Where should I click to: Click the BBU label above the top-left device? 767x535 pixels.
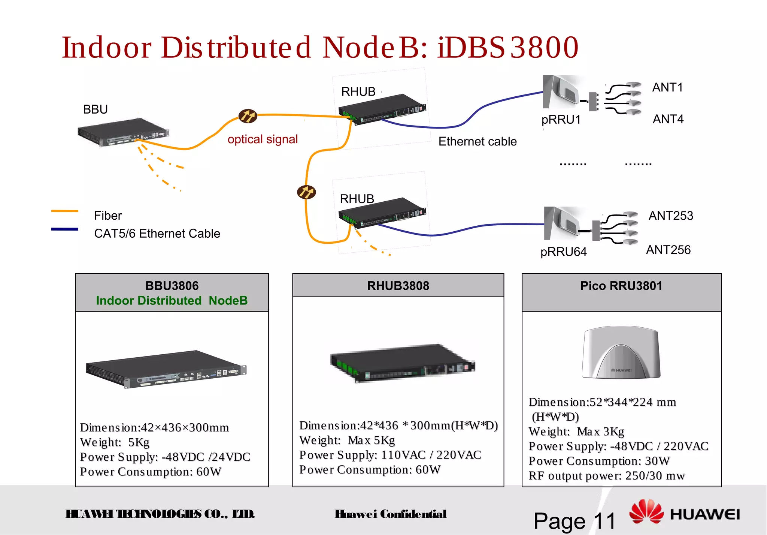pyautogui.click(x=95, y=109)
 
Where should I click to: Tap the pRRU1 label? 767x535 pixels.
pyautogui.click(x=561, y=120)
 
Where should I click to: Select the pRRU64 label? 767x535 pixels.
pyautogui.click(x=563, y=252)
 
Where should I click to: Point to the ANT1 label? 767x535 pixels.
pyautogui.click(x=667, y=87)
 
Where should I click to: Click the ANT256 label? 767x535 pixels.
pyautogui.click(x=668, y=250)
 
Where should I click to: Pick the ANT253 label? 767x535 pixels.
pyautogui.click(x=671, y=216)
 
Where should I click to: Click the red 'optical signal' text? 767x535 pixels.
pyautogui.click(x=263, y=139)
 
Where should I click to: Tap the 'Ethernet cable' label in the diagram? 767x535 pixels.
pyautogui.click(x=478, y=141)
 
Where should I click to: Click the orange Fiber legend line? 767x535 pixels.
pyautogui.click(x=64, y=211)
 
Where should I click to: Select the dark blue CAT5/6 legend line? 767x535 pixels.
pyautogui.click(x=64, y=229)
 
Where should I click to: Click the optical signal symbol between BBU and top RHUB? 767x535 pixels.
pyautogui.click(x=248, y=116)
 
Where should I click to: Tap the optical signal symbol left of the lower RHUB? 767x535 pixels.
pyautogui.click(x=306, y=192)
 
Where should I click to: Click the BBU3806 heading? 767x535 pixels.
pyautogui.click(x=172, y=286)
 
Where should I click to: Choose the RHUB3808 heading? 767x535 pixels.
pyautogui.click(x=398, y=286)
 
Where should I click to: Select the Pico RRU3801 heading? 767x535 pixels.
pyautogui.click(x=621, y=286)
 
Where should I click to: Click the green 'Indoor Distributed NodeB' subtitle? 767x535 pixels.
pyautogui.click(x=172, y=301)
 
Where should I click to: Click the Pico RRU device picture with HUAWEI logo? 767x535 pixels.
pyautogui.click(x=621, y=352)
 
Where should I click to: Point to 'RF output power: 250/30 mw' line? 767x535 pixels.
pyautogui.click(x=606, y=476)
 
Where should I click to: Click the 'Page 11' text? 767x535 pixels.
pyautogui.click(x=575, y=521)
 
